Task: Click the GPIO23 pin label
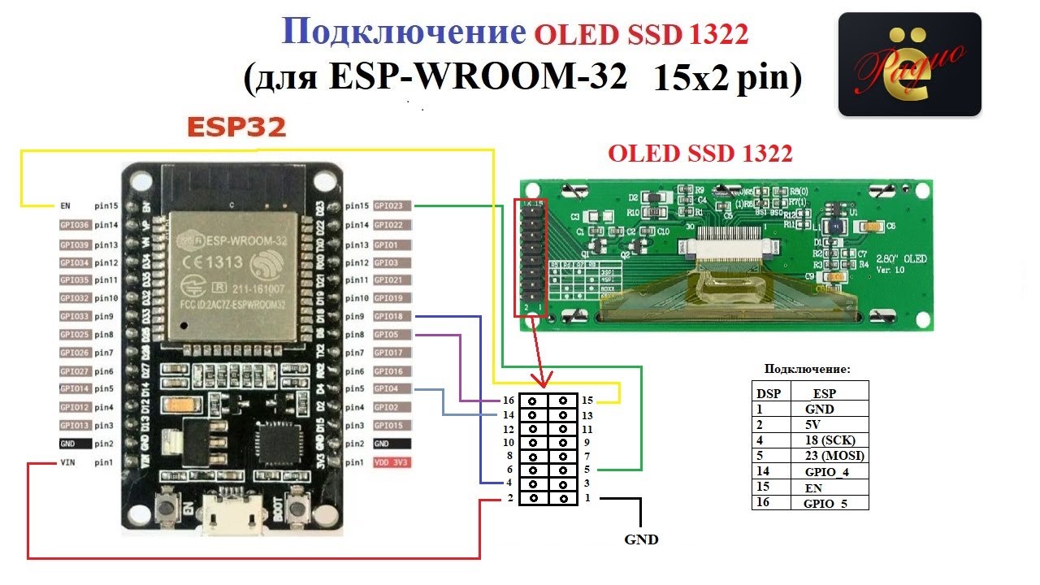point(392,206)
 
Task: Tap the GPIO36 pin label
point(75,225)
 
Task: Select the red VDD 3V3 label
point(392,462)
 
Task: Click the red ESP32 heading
point(236,128)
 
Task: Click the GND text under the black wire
point(641,539)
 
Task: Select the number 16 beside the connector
point(509,401)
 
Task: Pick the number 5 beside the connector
point(587,470)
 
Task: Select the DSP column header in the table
point(769,392)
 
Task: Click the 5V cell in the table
point(813,424)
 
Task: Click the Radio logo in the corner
point(909,64)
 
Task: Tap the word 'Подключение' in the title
point(403,32)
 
